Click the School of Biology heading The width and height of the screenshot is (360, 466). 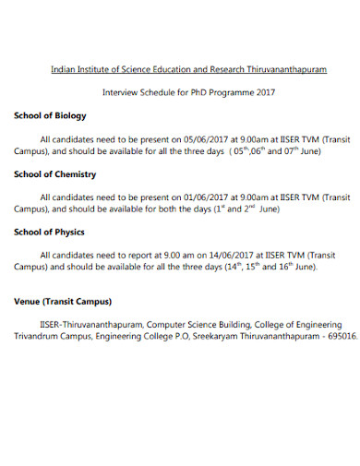click(x=50, y=115)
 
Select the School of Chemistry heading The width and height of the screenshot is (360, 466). click(x=55, y=173)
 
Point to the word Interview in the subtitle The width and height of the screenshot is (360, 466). click(x=120, y=93)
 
